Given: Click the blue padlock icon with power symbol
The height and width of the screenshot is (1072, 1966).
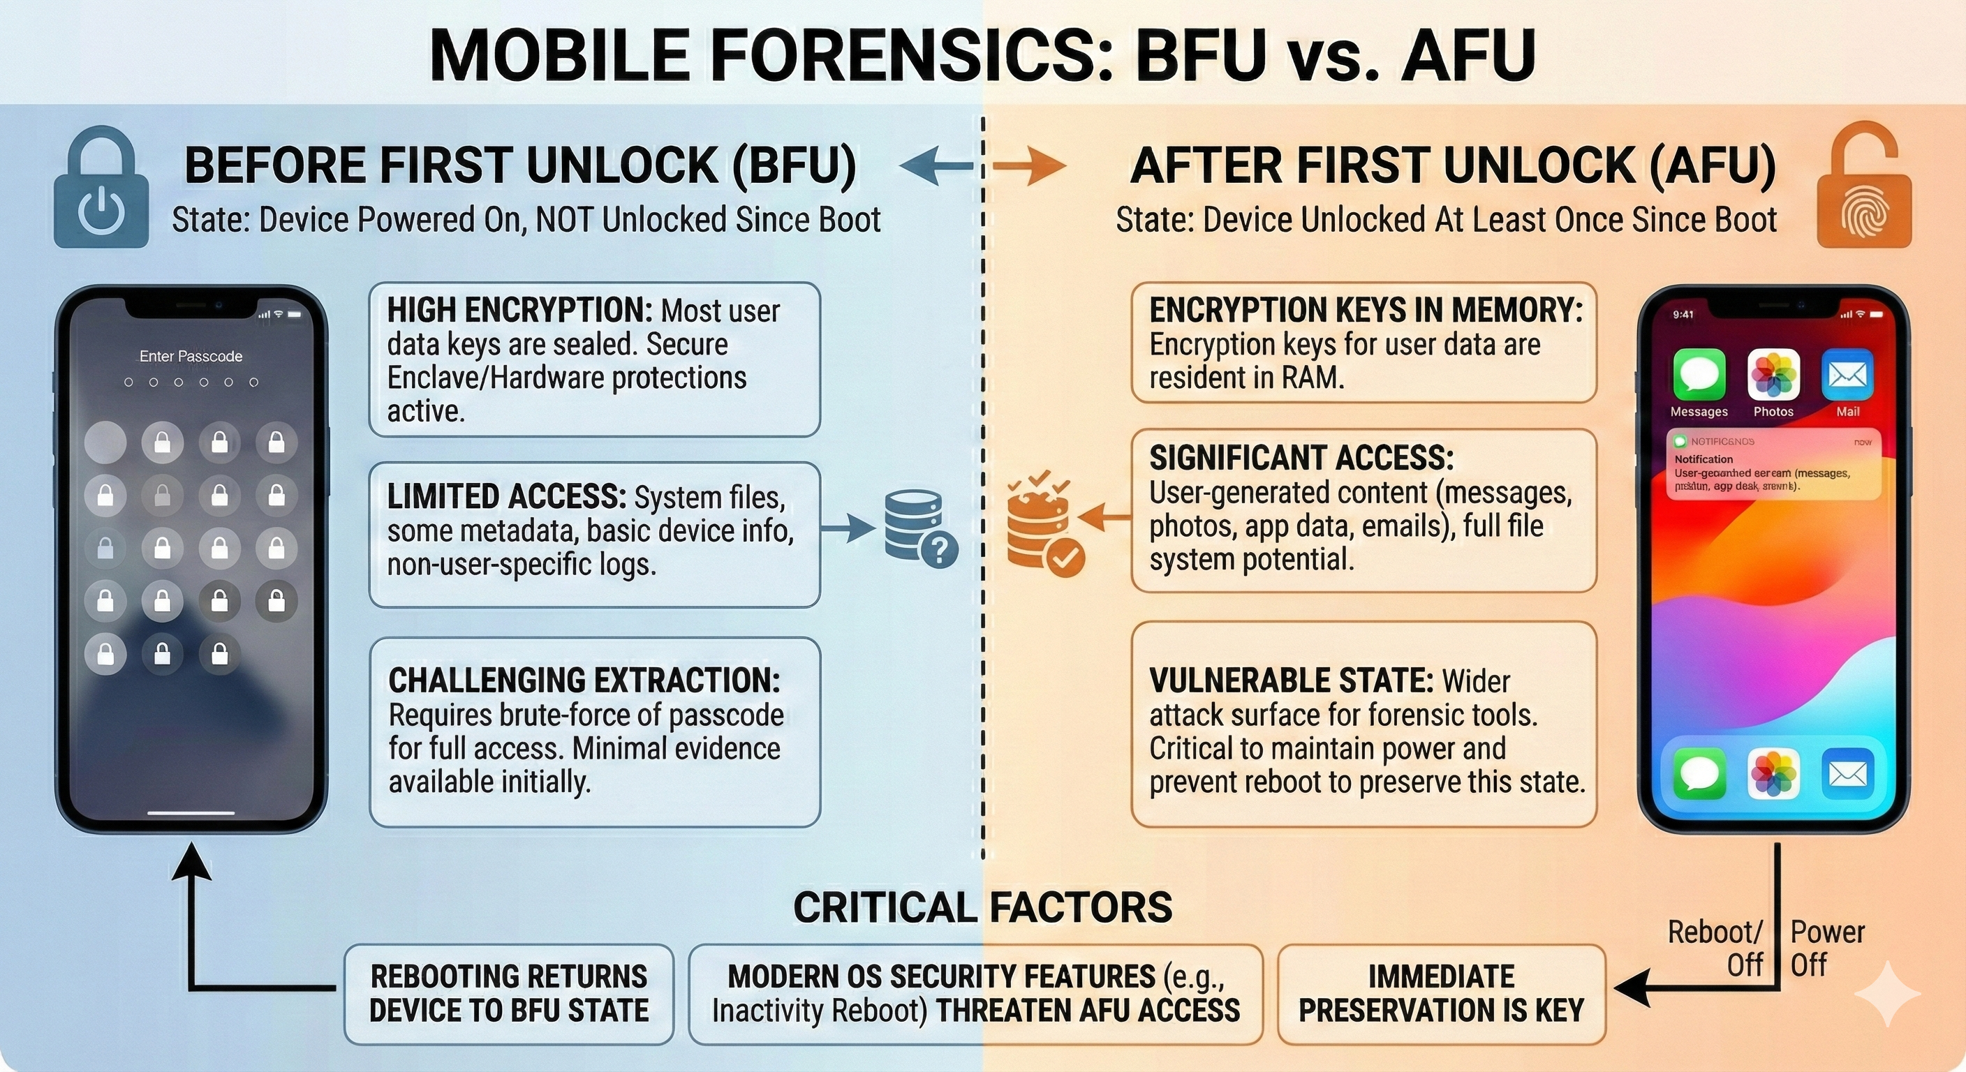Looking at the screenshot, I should [101, 191].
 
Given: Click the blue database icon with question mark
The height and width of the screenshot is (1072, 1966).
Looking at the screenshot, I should [919, 528].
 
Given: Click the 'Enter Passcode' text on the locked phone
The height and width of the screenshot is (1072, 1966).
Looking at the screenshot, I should [191, 357].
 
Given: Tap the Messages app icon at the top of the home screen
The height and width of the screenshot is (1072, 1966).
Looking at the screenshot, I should [1699, 375].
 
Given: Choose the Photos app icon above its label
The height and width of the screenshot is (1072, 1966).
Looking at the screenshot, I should [1773, 375].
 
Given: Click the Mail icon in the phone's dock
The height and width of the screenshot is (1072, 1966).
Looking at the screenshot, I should [1847, 774].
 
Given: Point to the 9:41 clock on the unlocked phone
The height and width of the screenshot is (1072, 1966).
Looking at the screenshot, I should [1683, 314].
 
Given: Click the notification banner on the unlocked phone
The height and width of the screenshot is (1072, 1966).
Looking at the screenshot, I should [1772, 465].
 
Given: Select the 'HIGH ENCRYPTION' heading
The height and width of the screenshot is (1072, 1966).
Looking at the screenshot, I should [519, 311].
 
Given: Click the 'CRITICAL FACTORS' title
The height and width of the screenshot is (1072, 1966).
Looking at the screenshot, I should [982, 907].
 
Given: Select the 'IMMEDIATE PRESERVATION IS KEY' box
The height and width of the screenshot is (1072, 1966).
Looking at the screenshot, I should [1441, 993].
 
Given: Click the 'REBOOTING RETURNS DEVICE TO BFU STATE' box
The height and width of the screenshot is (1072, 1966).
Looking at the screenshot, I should [509, 993].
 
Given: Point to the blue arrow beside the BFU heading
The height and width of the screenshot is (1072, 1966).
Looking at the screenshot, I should [936, 165].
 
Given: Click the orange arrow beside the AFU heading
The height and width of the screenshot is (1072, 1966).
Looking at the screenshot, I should [1030, 165].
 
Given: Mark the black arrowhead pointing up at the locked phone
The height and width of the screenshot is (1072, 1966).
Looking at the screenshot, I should [191, 865].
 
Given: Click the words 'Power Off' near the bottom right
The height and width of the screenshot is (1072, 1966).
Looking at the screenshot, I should [1827, 948].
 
